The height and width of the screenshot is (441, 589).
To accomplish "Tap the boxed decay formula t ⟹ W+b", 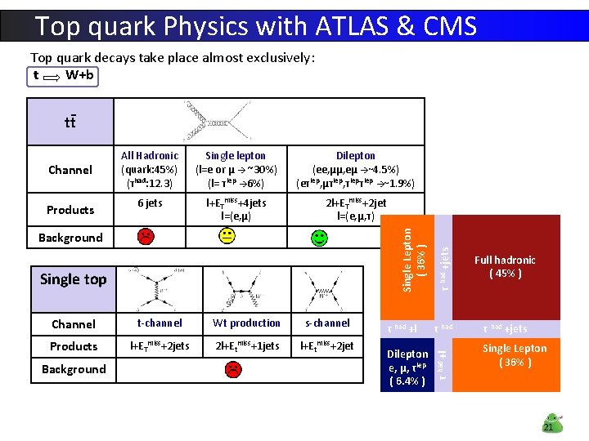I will (x=64, y=76).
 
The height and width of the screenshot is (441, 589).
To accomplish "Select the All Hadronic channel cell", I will (x=150, y=169).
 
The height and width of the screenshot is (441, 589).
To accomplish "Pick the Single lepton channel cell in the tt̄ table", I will (x=235, y=169).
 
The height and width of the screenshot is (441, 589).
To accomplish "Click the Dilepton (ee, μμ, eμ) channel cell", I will (x=356, y=169).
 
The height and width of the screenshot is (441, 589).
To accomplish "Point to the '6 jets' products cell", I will (x=150, y=203).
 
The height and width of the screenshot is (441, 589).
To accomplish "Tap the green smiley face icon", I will (x=319, y=238).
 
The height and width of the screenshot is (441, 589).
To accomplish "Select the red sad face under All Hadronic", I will (x=145, y=237).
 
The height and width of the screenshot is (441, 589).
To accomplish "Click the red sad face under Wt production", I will (x=233, y=368).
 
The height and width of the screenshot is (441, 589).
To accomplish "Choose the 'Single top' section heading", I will (x=73, y=279).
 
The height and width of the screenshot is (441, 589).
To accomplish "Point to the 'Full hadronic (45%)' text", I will (x=505, y=266).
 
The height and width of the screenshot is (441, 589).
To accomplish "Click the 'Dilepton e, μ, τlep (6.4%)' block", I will (x=407, y=367).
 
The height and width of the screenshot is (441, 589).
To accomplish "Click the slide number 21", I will (x=549, y=427).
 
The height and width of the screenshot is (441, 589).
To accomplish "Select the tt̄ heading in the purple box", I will (x=70, y=122).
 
